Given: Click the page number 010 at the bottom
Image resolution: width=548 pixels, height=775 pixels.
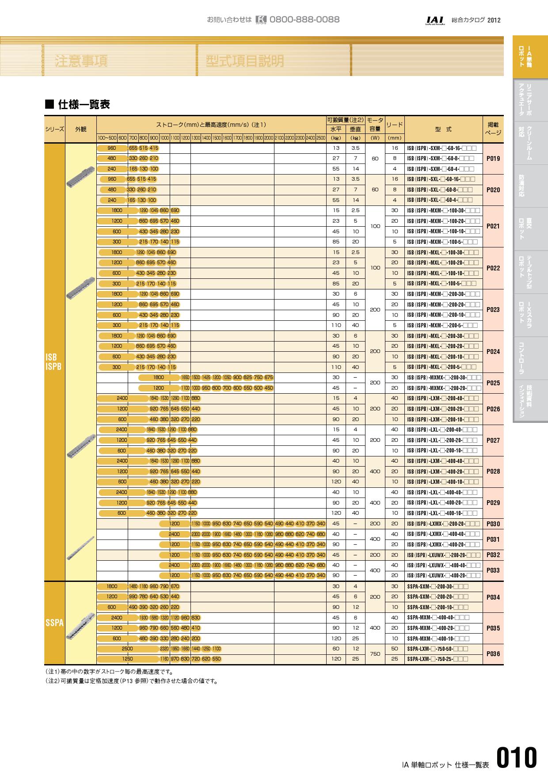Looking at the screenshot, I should pos(516,758).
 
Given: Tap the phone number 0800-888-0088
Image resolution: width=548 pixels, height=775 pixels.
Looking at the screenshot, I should pos(304,20).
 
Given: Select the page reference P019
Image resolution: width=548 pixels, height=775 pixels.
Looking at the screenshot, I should pos(493,159).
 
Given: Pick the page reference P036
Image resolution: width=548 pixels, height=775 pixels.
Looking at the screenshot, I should pos(493,654).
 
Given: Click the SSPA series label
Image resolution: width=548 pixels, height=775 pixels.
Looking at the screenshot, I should pos(54,623).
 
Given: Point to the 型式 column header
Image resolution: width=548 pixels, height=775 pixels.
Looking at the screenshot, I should pos(443,129).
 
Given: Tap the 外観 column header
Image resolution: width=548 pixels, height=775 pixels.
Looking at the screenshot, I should pos(80,129).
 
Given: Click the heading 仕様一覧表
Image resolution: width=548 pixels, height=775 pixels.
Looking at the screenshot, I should pos(84,105).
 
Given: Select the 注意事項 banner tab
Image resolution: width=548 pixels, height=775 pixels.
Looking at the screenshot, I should pos(81,61).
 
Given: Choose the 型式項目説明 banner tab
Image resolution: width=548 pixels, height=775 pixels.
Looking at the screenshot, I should pos(245,61).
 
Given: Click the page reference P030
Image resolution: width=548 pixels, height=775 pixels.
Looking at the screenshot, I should pos(493,524).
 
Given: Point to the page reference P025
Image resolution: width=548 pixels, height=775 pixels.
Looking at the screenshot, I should pos(493,383).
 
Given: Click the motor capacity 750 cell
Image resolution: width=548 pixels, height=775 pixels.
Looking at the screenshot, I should pos(375,654).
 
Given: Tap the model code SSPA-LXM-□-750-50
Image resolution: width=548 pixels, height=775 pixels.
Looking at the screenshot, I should pos(437,649).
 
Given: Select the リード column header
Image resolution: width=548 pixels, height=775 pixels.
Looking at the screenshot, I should pos(394,125).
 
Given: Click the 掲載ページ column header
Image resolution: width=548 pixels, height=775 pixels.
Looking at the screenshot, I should pos(493,129).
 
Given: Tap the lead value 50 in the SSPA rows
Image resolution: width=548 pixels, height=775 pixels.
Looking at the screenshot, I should pos(395,649).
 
